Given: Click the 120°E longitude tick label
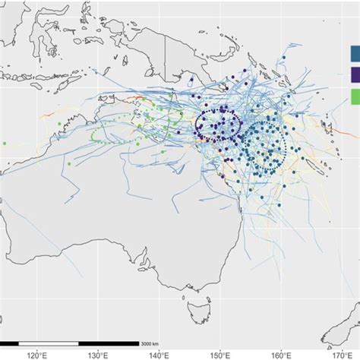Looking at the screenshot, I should (x=36, y=354).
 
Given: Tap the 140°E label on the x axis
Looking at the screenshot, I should (x=159, y=354).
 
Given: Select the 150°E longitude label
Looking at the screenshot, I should (x=220, y=354).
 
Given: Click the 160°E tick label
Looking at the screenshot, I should (x=282, y=354).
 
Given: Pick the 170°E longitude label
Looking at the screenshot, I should (x=343, y=354).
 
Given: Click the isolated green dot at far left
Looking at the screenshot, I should (x=5, y=143).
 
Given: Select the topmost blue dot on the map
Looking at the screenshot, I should (x=283, y=58).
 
